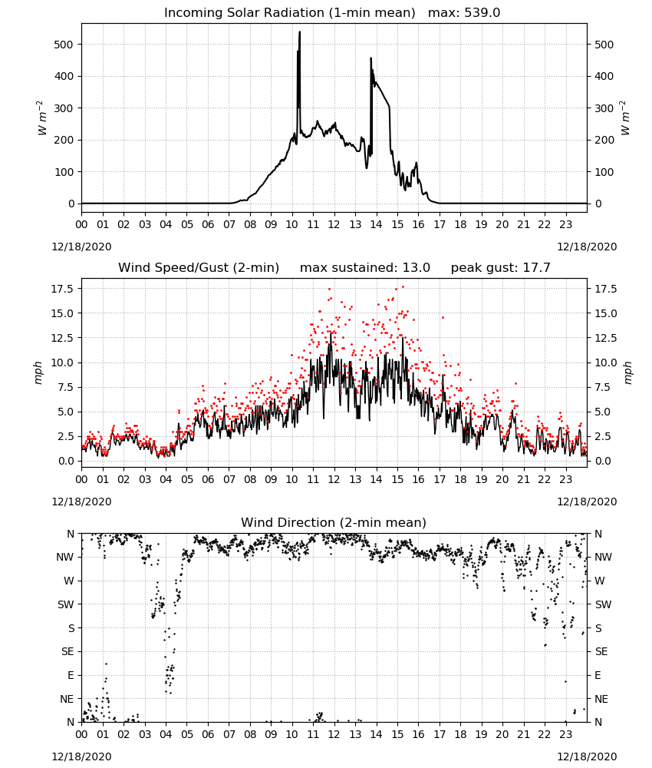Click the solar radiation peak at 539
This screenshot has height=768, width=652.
[299, 32]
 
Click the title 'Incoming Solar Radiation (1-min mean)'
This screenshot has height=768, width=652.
[289, 13]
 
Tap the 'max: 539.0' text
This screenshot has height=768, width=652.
[464, 13]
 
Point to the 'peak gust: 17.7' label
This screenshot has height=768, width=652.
[500, 267]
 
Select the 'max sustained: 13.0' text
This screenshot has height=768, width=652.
[365, 267]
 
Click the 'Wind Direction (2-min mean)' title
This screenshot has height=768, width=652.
[334, 522]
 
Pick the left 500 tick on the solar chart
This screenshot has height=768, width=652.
[63, 45]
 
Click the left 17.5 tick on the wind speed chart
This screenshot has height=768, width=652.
[62, 289]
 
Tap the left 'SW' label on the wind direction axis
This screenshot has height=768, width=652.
[65, 604]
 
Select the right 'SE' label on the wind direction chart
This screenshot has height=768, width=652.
[601, 651]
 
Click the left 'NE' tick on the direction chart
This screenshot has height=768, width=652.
[67, 699]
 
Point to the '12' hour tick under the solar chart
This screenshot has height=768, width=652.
[334, 225]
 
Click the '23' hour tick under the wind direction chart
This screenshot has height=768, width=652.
[565, 734]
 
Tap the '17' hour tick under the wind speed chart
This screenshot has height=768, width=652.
[440, 479]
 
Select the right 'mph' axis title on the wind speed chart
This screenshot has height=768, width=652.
[627, 372]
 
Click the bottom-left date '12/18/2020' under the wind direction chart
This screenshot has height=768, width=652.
[81, 756]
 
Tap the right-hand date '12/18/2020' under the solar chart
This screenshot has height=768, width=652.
[587, 247]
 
